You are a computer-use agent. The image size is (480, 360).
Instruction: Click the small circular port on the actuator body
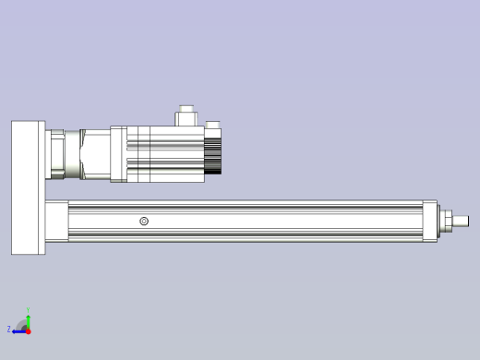tap(144, 221)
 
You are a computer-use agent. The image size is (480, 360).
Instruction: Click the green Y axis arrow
tap(28, 319)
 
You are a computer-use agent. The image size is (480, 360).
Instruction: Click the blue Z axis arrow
tap(18, 330)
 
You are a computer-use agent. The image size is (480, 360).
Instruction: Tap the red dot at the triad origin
tap(28, 330)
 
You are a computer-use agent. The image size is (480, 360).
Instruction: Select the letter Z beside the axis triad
tap(9, 330)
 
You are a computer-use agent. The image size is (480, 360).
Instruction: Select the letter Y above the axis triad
tap(28, 310)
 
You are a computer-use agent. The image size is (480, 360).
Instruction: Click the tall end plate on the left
tap(28, 187)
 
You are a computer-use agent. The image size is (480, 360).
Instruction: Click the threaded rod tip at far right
tap(462, 221)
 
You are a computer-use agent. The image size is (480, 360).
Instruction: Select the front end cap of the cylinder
tap(430, 221)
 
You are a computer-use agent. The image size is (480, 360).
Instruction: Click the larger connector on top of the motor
tap(186, 115)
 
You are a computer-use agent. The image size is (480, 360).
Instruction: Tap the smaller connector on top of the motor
tap(213, 126)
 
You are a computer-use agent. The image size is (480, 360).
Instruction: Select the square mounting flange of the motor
tap(118, 154)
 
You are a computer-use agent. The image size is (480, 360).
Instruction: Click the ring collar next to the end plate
tap(57, 153)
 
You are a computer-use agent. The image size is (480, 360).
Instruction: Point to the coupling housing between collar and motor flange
tap(92, 153)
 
